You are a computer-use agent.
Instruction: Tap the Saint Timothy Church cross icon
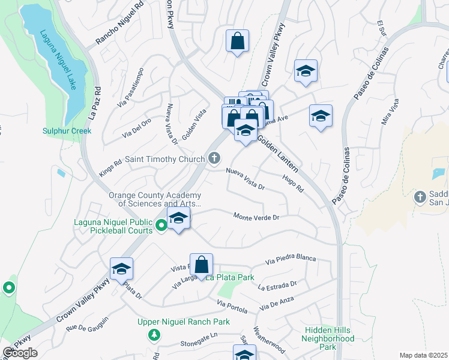click(x=214, y=159)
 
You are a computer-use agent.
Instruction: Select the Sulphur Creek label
click(x=67, y=131)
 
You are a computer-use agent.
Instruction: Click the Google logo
click(x=20, y=353)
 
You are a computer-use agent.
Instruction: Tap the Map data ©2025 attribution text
click(x=424, y=355)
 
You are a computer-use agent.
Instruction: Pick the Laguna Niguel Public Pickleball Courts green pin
click(x=161, y=226)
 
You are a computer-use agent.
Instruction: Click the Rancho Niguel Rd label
click(x=120, y=24)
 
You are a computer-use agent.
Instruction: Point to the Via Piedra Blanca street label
click(x=291, y=260)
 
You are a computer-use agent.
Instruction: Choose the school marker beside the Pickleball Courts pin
click(x=179, y=219)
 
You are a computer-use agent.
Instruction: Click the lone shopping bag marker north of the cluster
click(x=238, y=41)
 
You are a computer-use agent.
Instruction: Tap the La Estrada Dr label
click(x=277, y=286)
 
